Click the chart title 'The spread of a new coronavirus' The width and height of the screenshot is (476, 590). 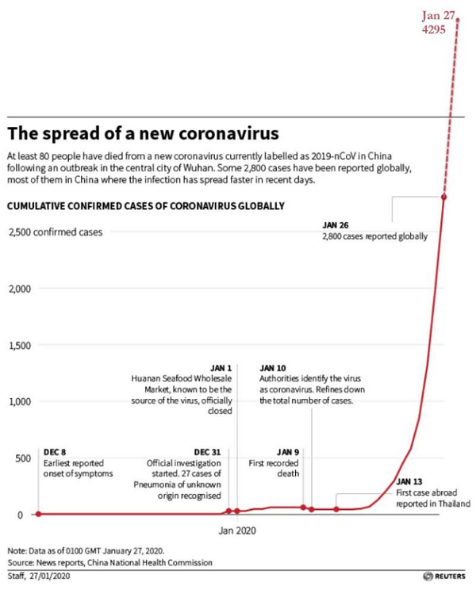coord(143,131)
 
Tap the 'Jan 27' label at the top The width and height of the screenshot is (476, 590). coord(439,15)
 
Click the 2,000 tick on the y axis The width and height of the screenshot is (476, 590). coord(19,289)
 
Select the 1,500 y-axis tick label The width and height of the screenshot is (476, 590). coord(19,346)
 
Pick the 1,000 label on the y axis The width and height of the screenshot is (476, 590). coord(19,402)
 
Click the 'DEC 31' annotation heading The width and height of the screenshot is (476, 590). coord(208,452)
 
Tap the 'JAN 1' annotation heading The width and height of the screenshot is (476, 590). coord(221,369)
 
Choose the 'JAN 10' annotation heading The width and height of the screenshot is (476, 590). coord(273,369)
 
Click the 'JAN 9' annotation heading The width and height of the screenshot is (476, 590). coord(288,452)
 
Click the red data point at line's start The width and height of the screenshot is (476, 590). coord(39,514)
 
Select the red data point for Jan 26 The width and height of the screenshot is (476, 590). coord(444,197)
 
